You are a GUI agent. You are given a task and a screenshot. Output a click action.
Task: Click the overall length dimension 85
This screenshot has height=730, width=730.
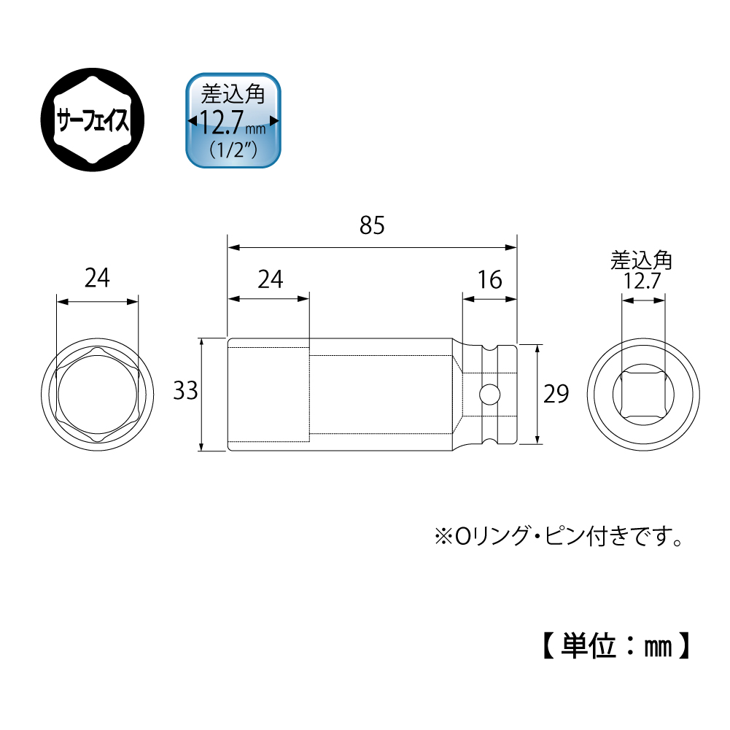coord(371,226)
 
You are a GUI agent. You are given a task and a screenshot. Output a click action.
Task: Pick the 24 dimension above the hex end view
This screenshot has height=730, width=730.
coord(97,279)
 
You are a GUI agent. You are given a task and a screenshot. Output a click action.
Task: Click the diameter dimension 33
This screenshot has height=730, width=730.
coord(186,392)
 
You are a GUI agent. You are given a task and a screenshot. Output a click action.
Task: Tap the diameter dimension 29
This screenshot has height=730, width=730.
coord(555,394)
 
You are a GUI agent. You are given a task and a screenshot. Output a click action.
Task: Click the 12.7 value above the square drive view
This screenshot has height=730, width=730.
coord(642,281)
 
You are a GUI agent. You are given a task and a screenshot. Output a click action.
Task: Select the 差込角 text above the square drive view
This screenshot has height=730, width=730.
coord(642,260)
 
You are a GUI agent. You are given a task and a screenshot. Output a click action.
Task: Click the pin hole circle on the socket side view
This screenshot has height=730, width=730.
coord(489,395)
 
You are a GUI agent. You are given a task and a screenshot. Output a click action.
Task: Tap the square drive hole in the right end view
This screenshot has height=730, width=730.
coord(642,395)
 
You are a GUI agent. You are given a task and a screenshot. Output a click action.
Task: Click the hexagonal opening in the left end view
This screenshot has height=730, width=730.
coord(97,395)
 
